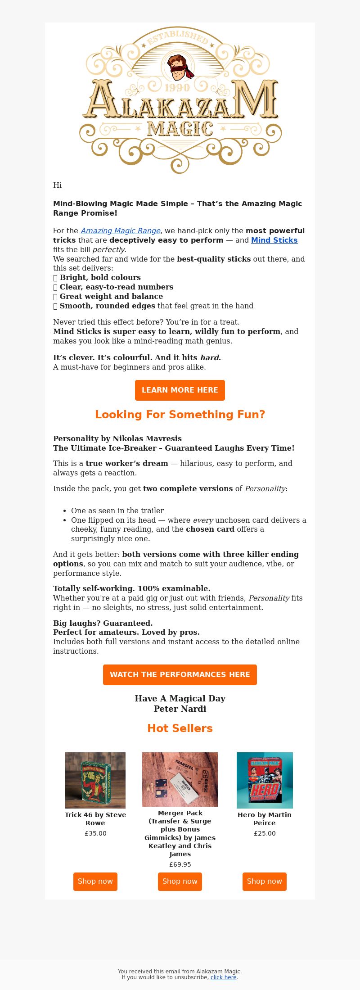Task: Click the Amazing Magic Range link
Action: tap(121, 231)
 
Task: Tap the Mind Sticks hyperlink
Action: tap(274, 240)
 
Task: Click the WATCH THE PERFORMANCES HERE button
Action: tap(180, 674)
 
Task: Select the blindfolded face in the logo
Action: tap(179, 67)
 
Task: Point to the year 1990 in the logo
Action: tap(177, 88)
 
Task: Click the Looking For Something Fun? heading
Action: tap(180, 415)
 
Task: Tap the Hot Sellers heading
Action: tap(180, 728)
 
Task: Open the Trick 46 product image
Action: tap(95, 780)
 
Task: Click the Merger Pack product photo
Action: tap(180, 779)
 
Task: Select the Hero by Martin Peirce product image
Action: tap(265, 780)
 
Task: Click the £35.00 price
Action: tap(95, 833)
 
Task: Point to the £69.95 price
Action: tap(180, 864)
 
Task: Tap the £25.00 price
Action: tap(265, 833)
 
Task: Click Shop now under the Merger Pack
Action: tap(180, 882)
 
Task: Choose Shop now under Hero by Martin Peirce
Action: tap(265, 882)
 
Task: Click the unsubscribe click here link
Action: tap(223, 977)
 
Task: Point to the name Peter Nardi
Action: tap(180, 709)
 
